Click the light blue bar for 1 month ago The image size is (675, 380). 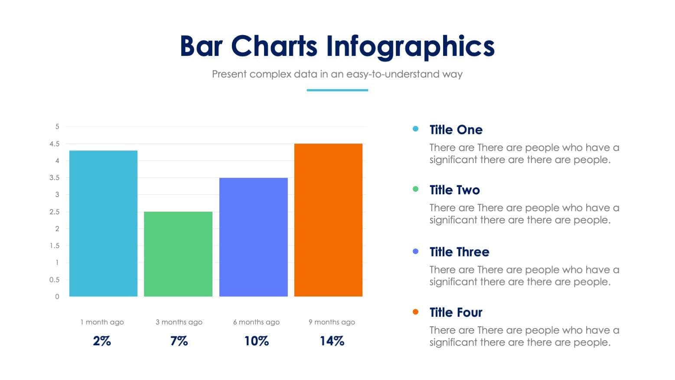103,223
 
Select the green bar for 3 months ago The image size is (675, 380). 178,254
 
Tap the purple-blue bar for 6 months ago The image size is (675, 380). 253,237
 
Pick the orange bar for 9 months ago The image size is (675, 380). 328,220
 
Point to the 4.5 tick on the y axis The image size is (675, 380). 55,144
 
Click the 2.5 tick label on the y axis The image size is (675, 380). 55,212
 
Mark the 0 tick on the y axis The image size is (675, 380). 57,297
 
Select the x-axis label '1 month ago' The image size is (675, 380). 102,322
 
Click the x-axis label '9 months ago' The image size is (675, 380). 332,322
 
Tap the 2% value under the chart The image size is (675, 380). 102,341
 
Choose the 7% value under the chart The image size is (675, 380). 179,341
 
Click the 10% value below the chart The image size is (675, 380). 256,341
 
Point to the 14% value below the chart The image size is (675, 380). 332,341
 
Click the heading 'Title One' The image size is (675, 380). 456,130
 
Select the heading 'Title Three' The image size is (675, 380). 459,252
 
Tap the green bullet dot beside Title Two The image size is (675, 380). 416,189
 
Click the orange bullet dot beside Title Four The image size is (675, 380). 416,312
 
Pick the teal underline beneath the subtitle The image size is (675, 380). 337,90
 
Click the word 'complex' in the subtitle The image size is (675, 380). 270,74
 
